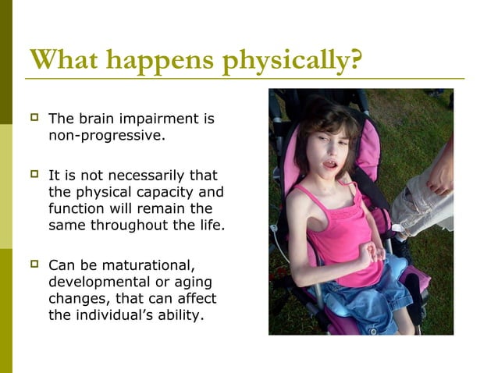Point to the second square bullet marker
click(33, 176)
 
